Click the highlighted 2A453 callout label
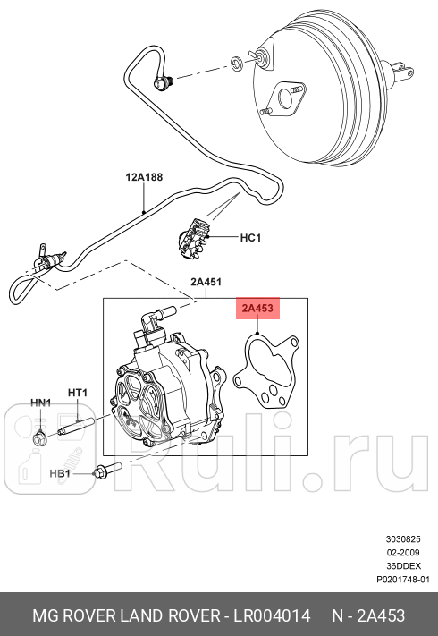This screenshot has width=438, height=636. (258, 309)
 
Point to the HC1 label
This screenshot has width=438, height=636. (250, 238)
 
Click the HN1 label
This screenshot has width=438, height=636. (41, 403)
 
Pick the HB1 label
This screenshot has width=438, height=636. (60, 471)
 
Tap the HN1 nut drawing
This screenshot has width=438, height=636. (40, 437)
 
